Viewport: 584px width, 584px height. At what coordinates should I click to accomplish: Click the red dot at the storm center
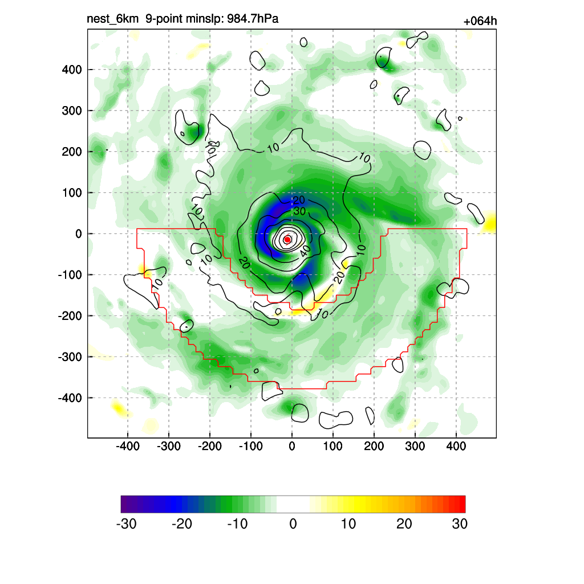pos(287,240)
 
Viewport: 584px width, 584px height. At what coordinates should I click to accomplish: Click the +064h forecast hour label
pos(480,22)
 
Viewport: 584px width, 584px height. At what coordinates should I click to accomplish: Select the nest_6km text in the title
pos(112,19)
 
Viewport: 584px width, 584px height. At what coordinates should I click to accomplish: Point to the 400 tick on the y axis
pos(72,70)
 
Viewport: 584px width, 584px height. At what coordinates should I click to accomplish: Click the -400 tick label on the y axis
pos(70,398)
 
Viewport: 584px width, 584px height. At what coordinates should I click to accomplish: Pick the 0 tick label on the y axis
pos(79,234)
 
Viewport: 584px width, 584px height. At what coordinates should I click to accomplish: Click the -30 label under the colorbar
pos(126,524)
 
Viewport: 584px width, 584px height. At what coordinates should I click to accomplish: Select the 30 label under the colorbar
pos(460,524)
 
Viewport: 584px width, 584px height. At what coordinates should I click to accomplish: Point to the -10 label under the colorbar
pos(237,524)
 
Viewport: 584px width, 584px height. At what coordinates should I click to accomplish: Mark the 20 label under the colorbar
pos(404,524)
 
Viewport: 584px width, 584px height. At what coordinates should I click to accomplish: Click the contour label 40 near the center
pos(306,249)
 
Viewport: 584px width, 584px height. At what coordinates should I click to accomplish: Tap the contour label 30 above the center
pos(299,212)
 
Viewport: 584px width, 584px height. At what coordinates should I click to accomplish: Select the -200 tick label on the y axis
pos(70,316)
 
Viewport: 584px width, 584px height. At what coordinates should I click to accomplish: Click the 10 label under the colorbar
pos(348,524)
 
